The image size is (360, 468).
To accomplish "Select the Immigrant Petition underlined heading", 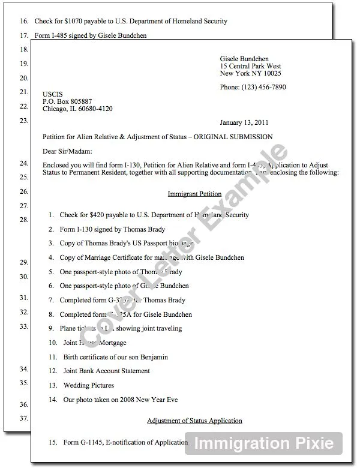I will (194, 194).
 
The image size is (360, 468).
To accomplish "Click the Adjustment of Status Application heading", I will (194, 421).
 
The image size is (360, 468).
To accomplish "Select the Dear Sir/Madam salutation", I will (66, 151).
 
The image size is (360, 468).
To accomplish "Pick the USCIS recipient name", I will (52, 94).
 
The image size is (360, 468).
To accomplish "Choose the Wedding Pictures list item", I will (88, 385).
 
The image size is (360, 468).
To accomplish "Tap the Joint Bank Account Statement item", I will (106, 371).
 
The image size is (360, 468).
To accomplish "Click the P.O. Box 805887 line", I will (67, 101).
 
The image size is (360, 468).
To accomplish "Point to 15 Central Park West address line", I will (250, 66).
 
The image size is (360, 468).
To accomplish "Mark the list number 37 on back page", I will (25, 418).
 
